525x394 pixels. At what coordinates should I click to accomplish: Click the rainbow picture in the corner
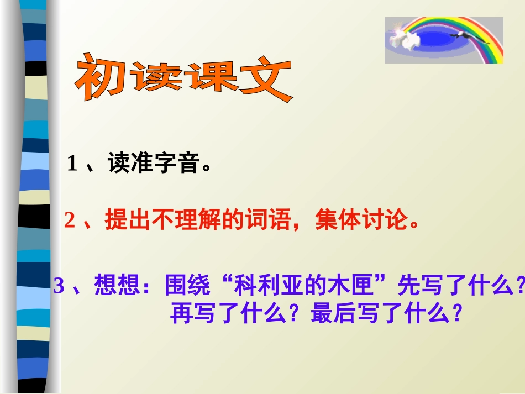tap(444, 40)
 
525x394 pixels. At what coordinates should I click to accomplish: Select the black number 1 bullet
tap(72, 164)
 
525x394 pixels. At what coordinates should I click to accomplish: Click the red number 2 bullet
tap(69, 221)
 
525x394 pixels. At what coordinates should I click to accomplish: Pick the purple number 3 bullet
tap(59, 286)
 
